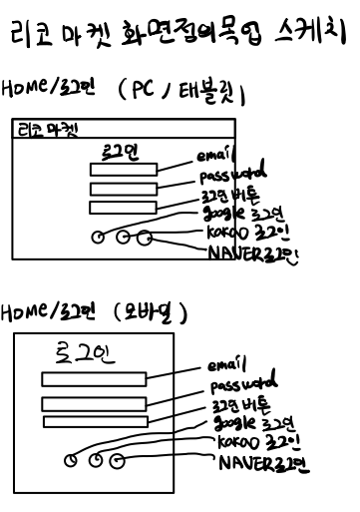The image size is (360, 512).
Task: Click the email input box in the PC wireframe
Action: [123, 170]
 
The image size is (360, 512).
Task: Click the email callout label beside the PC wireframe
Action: [215, 156]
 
